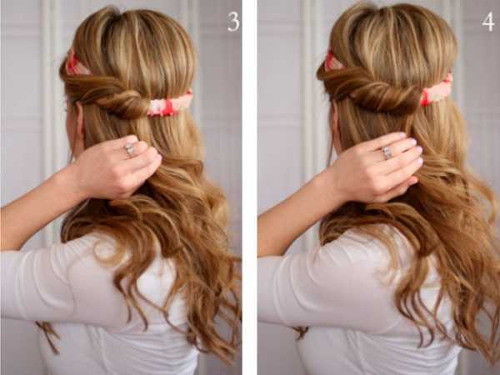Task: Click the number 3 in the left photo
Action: [233, 22]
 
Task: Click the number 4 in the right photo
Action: [487, 22]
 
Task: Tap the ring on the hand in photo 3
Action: [130, 149]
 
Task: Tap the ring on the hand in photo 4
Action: [387, 152]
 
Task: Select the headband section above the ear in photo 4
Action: [333, 61]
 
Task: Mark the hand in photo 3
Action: [119, 167]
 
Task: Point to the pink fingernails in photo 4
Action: [412, 143]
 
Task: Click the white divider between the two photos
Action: [250, 187]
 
